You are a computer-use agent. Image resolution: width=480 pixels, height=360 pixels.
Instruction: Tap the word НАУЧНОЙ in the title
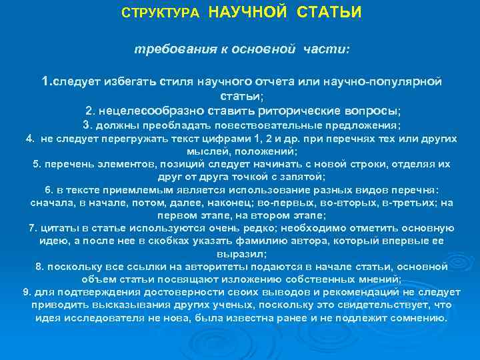248,13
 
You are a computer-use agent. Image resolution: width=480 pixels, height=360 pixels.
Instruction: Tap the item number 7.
32,228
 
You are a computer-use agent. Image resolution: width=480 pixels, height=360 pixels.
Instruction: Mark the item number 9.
26,292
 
